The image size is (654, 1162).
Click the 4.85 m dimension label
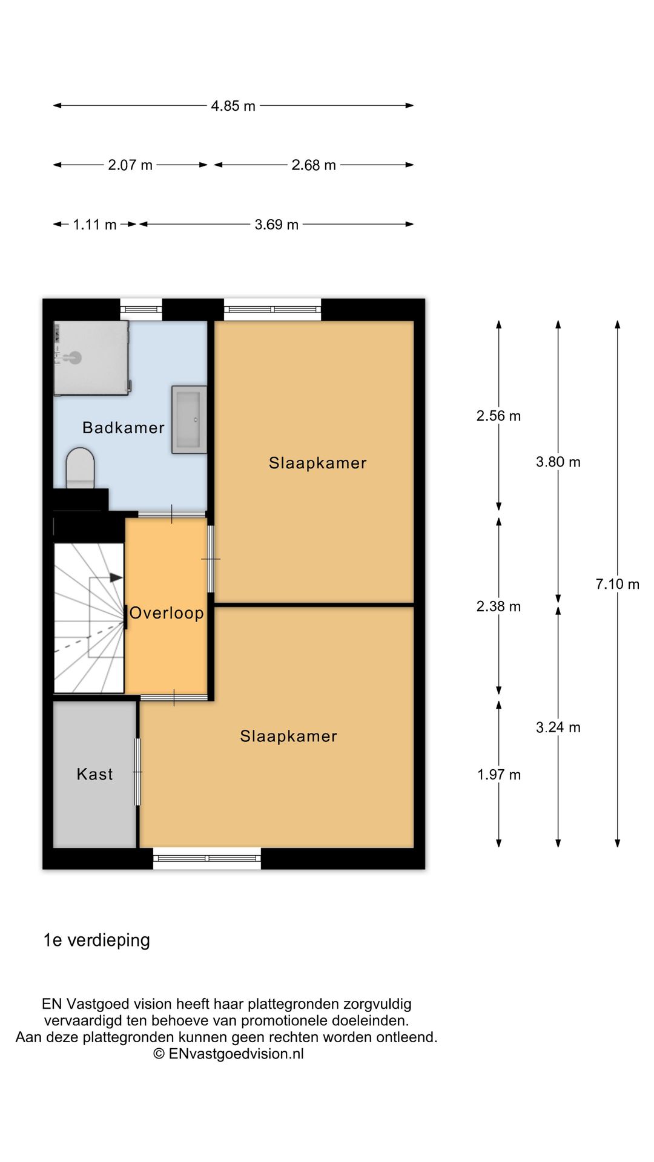[233, 106]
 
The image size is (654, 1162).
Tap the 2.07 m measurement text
[130, 165]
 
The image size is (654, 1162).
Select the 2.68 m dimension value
[314, 165]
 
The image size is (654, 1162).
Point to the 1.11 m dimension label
[94, 225]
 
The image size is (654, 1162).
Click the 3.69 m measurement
[277, 225]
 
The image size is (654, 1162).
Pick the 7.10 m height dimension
[618, 584]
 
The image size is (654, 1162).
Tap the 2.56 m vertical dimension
[498, 416]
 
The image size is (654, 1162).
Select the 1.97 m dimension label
[499, 775]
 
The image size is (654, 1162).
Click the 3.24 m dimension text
[558, 727]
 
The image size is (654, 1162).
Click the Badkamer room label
[124, 428]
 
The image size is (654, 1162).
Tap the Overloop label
[167, 613]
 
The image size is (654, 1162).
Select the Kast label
[94, 774]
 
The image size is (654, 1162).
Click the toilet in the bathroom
[80, 468]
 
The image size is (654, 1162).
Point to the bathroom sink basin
[189, 419]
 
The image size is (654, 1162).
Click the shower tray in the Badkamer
[91, 358]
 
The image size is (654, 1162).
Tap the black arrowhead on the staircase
[116, 577]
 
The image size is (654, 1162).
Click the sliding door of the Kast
[137, 772]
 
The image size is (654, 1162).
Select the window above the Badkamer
[141, 309]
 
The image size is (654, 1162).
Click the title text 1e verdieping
[97, 940]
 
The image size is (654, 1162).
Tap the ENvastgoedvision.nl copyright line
[228, 1054]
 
